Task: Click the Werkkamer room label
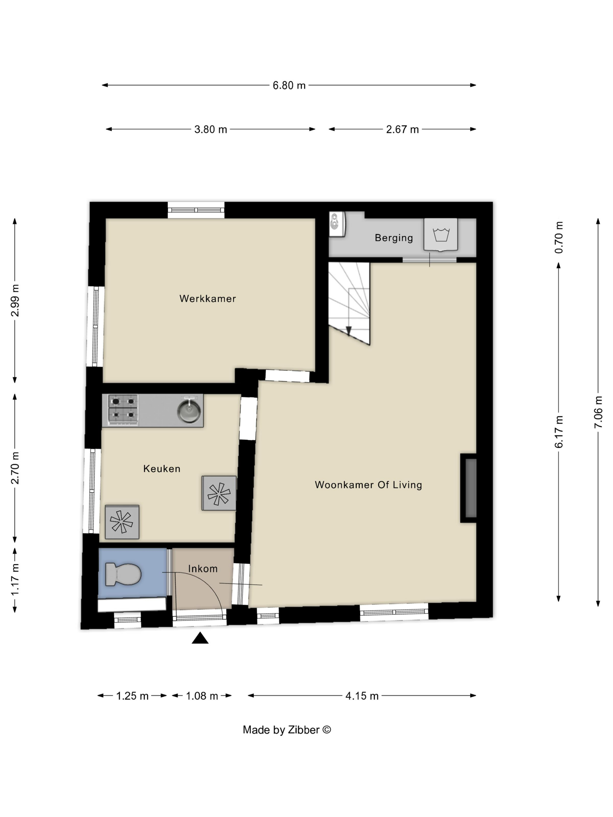point(207,298)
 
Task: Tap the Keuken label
point(162,469)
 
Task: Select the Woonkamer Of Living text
point(368,485)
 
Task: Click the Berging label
point(393,238)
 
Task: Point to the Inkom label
point(203,568)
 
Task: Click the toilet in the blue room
point(123,574)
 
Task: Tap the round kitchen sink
point(189,411)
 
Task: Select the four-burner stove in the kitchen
point(123,409)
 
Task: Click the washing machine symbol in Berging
point(441,235)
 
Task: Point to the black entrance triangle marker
point(200,638)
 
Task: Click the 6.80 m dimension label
point(289,85)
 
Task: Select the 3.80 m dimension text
point(211,129)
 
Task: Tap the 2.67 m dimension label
point(402,129)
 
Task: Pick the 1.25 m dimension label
point(132,696)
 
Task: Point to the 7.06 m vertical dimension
point(598,412)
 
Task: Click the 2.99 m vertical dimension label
point(15,300)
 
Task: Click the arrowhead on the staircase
point(349,331)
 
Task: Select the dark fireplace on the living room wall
point(469,488)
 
